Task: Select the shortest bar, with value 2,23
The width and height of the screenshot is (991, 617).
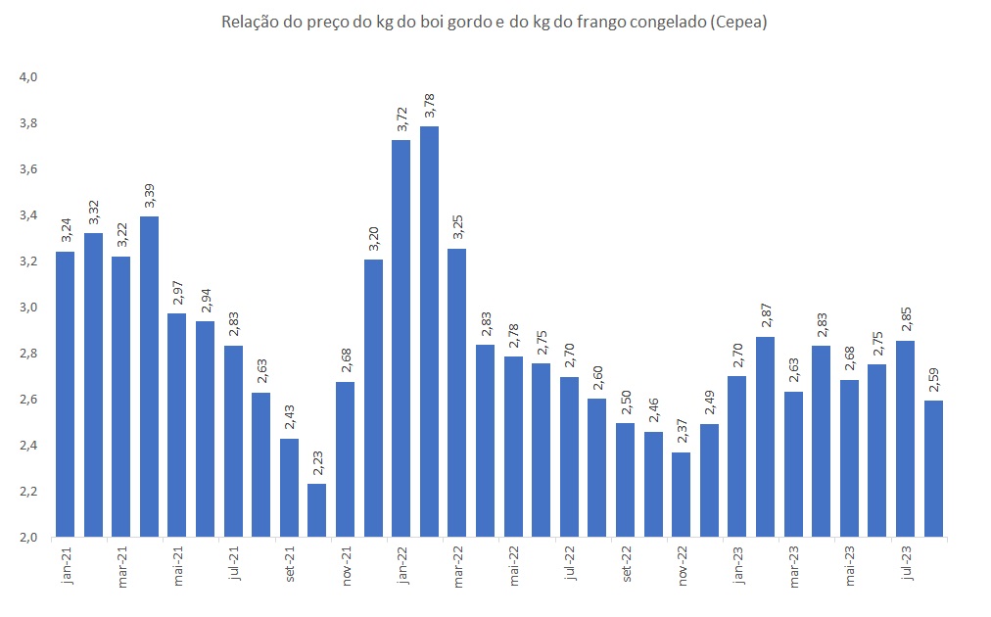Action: tap(317, 509)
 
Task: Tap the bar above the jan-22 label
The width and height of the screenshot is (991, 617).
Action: tap(401, 338)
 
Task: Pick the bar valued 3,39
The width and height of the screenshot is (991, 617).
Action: tap(149, 376)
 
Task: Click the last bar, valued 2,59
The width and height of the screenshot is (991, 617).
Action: tap(932, 468)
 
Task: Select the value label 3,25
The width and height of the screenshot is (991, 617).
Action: tap(457, 227)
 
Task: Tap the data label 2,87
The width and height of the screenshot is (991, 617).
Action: tap(765, 315)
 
